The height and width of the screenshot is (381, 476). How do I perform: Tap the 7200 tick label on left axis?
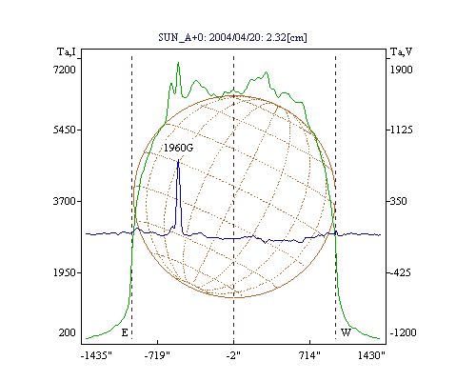(65, 70)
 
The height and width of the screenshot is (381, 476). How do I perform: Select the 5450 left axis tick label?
(65, 130)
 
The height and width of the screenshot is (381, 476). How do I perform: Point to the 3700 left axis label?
(65, 201)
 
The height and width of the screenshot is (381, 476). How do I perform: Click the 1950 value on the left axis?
(65, 272)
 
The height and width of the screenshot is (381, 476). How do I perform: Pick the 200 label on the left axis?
(68, 332)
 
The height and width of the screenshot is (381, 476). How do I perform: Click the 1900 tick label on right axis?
(402, 70)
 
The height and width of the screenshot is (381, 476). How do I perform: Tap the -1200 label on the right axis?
(403, 332)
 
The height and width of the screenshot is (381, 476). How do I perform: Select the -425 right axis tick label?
(400, 272)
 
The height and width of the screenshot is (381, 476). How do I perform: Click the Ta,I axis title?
(67, 51)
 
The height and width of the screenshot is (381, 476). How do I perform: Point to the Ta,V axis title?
(402, 51)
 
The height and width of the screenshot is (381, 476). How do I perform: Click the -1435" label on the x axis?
(96, 355)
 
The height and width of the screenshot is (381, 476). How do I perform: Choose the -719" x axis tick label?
(157, 355)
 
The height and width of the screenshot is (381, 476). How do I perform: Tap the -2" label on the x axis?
(233, 355)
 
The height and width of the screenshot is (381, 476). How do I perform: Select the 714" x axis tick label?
(309, 355)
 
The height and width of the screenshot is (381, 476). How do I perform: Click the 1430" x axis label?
(371, 355)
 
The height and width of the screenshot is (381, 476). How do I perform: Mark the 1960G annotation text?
(178, 148)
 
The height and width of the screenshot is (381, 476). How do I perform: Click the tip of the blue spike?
(178, 159)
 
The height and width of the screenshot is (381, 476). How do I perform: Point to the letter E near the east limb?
(125, 332)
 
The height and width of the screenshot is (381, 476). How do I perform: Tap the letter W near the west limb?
(346, 332)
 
